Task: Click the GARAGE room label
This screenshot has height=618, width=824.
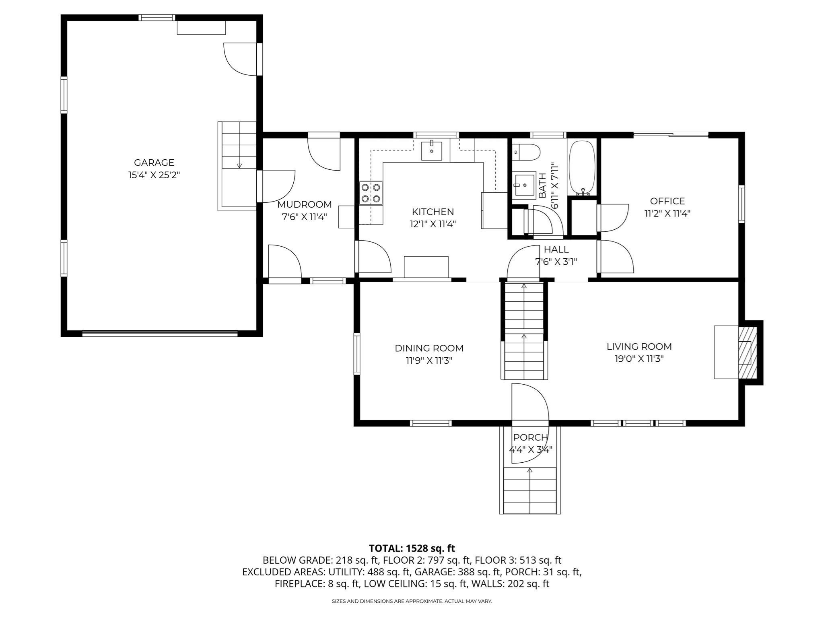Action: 154,163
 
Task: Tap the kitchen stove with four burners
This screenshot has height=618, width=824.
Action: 371,193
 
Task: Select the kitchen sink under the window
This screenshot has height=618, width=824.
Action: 431,151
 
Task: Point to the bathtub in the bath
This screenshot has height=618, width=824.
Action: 581,167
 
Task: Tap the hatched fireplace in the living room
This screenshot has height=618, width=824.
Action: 747,352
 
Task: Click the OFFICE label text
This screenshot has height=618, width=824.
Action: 667,201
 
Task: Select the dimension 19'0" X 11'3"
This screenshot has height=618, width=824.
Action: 639,359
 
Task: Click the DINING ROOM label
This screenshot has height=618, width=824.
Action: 429,348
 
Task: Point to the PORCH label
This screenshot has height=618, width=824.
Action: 530,437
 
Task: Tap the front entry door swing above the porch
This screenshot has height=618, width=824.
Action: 529,402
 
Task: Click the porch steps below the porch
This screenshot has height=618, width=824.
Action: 530,491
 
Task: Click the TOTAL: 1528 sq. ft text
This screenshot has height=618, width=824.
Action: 412,548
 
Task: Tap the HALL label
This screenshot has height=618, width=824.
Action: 556,249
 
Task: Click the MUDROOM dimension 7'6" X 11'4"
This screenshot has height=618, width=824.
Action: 304,217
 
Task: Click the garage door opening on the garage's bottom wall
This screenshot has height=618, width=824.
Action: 160,333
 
